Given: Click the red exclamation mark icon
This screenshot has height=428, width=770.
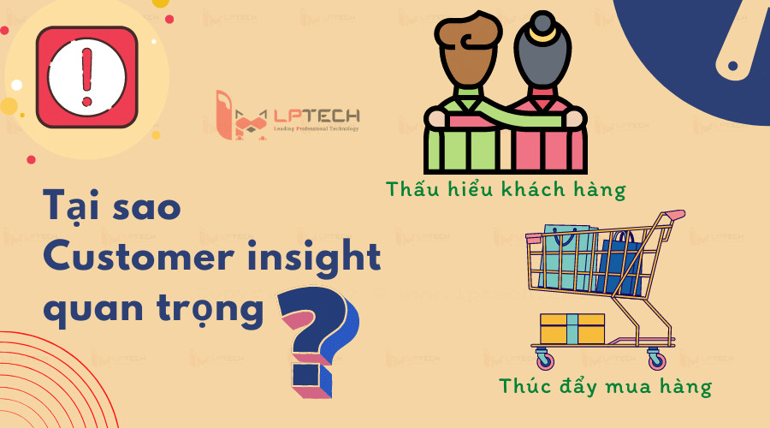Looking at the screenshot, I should pos(86,76).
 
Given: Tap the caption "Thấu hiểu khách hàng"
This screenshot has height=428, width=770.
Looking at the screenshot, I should pos(506,188).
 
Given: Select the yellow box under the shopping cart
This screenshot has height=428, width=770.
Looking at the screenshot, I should pos(572,329).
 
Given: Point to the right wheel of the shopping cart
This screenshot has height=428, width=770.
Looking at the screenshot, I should pos(657,359).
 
